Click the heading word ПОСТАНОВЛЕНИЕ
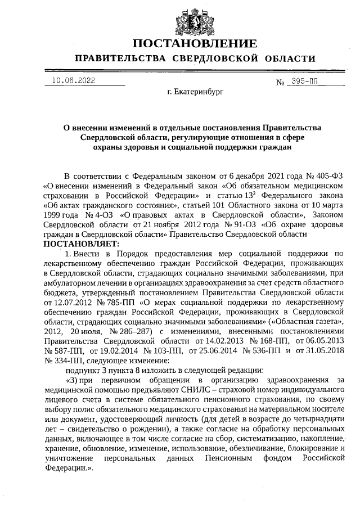[x=195, y=43]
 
